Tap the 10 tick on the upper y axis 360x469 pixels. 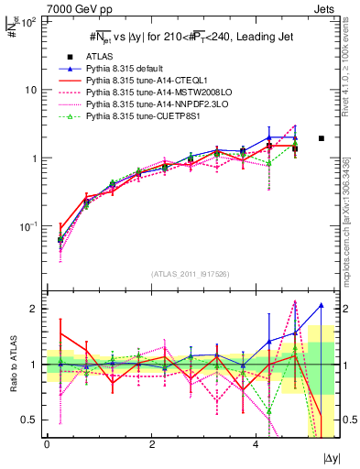click(32, 90)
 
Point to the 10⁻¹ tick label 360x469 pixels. click(29, 226)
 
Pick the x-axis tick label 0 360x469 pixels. click(47, 444)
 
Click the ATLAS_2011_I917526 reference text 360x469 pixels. click(190, 274)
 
